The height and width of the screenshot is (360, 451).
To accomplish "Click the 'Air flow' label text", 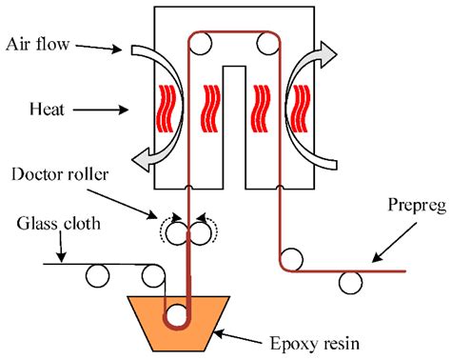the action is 37,44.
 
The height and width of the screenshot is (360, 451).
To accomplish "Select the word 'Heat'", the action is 47,110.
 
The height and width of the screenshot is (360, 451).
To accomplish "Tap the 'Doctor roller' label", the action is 60,174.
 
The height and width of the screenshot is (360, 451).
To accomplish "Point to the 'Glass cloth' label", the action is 59,223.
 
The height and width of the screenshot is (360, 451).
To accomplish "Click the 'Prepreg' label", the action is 418,206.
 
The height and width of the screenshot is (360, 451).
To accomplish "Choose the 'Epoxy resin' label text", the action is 315,344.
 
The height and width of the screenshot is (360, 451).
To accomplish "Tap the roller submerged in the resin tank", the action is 177,316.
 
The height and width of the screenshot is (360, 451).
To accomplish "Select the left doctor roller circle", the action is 178,233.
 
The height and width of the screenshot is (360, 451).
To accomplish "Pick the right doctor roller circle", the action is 200,233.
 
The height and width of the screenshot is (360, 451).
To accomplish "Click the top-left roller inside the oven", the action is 201,44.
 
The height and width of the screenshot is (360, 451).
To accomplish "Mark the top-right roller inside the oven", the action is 268,44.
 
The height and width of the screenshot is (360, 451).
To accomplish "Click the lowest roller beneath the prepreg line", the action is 350,282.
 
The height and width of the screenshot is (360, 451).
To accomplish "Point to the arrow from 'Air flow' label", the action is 99,48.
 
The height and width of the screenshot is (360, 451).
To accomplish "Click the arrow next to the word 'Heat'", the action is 101,110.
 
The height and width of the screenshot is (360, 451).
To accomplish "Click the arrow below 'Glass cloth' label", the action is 62,247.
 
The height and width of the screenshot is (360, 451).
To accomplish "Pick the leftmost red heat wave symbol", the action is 166,109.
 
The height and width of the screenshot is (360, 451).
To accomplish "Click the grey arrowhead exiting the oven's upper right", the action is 328,54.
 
